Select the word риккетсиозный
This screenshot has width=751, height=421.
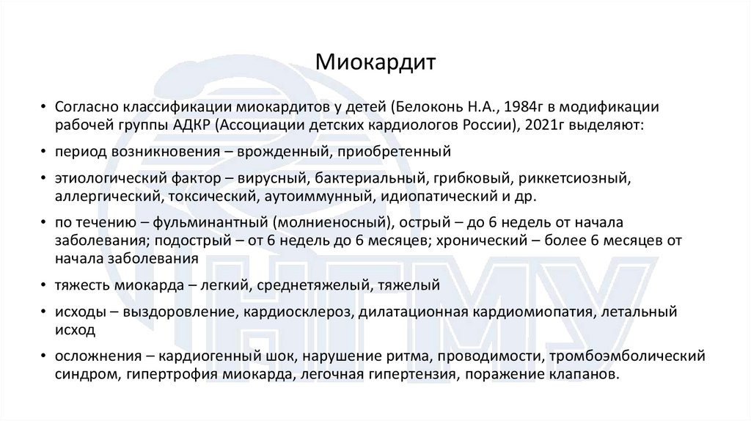click(x=576, y=179)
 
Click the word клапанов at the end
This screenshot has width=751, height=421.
click(x=592, y=375)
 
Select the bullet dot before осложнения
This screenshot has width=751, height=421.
click(x=46, y=358)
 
